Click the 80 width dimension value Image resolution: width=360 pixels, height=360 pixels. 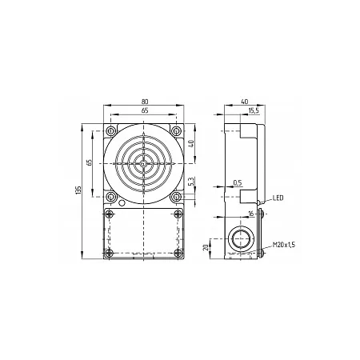tap(145, 102)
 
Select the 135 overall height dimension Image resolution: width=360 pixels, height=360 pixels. tap(78, 190)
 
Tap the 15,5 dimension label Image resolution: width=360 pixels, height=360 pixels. tap(254, 110)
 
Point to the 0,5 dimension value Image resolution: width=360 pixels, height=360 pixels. tap(238, 182)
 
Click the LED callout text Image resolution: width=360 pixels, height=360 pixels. tap(278, 198)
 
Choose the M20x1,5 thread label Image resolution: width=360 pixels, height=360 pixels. tap(284, 245)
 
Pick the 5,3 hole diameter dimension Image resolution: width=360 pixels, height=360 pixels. tap(192, 182)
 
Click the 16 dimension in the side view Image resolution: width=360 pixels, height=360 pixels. tap(251, 214)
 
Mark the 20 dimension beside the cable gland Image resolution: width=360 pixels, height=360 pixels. tap(206, 247)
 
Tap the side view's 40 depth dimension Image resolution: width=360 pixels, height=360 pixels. tap(245, 102)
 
